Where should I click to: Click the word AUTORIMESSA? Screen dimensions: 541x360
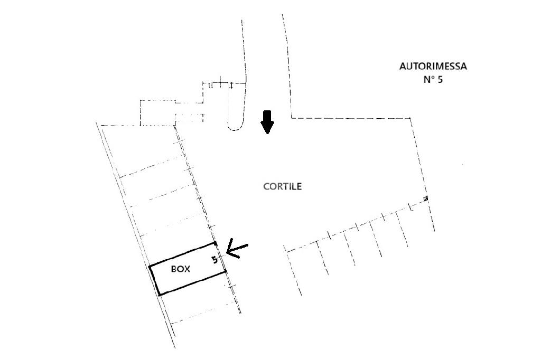pyautogui.click(x=433, y=67)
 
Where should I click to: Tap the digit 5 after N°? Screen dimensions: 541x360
pyautogui.click(x=440, y=80)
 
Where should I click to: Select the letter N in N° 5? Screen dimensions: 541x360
pyautogui.click(x=427, y=80)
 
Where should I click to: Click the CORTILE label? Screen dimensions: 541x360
pyautogui.click(x=283, y=186)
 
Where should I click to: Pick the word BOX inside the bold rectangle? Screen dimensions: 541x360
pyautogui.click(x=181, y=269)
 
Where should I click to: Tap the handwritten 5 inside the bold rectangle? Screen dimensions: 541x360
pyautogui.click(x=214, y=260)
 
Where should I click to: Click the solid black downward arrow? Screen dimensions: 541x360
pyautogui.click(x=267, y=122)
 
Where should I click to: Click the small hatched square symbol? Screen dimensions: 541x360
pyautogui.click(x=426, y=198)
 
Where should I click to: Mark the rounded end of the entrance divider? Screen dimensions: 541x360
pyautogui.click(x=235, y=127)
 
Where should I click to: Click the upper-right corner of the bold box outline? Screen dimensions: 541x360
pyautogui.click(x=216, y=243)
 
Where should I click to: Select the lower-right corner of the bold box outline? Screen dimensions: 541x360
pyautogui.click(x=226, y=271)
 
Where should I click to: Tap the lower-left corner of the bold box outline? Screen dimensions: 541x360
pyautogui.click(x=159, y=294)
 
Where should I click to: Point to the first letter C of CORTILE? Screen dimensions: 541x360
pyautogui.click(x=266, y=186)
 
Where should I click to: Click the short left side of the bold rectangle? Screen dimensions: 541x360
pyautogui.click(x=154, y=280)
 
